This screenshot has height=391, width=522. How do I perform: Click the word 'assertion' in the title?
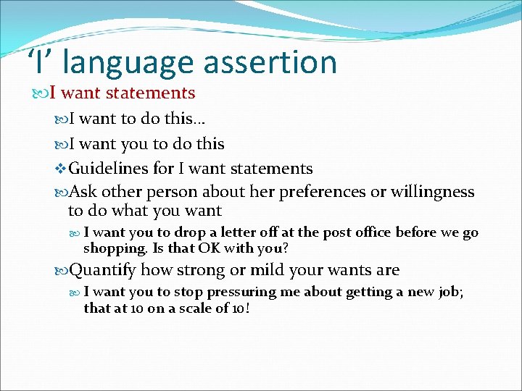click(x=270, y=62)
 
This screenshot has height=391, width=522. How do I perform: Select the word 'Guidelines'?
click(x=108, y=169)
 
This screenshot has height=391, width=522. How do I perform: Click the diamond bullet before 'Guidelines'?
click(x=60, y=169)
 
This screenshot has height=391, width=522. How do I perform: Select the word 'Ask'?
click(x=83, y=192)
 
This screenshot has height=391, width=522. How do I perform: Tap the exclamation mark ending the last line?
click(x=249, y=308)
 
